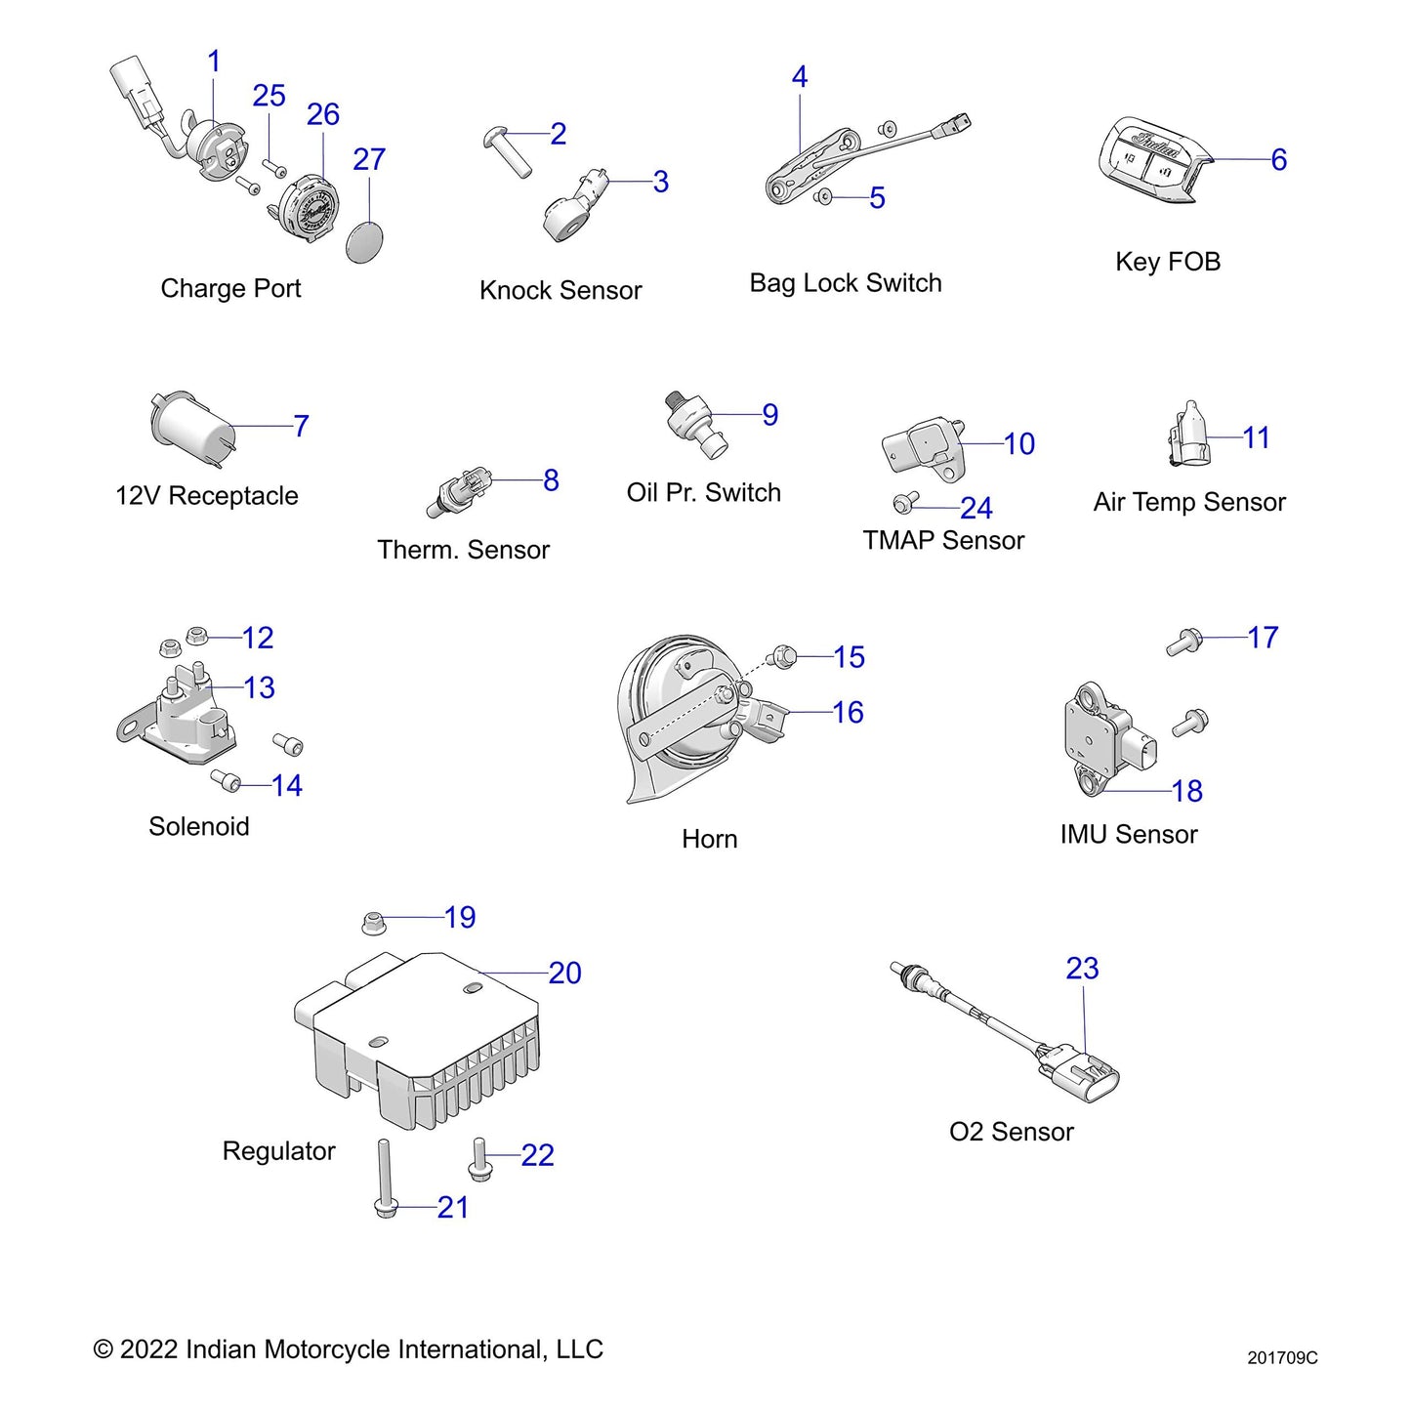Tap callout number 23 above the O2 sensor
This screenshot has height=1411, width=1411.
click(1082, 968)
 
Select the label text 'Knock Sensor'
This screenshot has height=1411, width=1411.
click(560, 290)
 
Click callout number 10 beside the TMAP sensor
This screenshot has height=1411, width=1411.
click(1018, 444)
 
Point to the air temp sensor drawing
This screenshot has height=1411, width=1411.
click(1187, 436)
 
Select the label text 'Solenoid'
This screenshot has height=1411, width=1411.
click(198, 826)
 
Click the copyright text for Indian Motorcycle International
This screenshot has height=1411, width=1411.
click(348, 1349)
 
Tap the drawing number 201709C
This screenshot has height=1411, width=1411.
click(1281, 1357)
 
